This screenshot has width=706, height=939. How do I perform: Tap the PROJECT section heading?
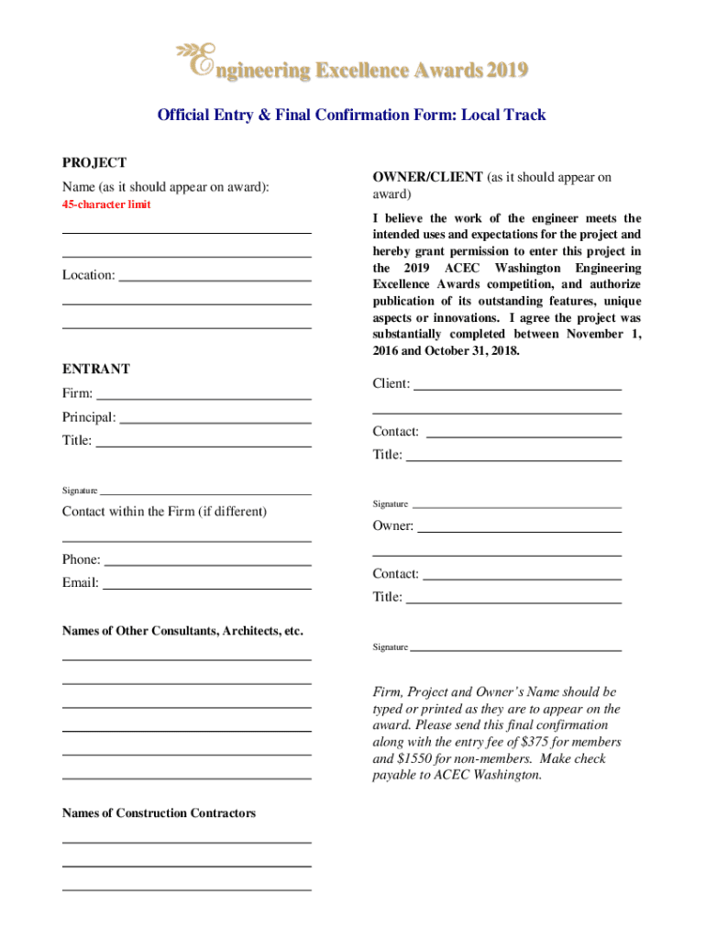click(x=94, y=162)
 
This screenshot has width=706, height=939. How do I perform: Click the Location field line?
click(x=215, y=278)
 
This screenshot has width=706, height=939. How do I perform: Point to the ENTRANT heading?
click(x=96, y=369)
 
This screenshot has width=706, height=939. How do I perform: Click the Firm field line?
click(x=204, y=397)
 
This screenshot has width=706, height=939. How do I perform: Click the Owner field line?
click(x=519, y=530)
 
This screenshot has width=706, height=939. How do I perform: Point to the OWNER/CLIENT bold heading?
click(x=427, y=177)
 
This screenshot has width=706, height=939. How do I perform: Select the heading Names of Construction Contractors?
click(x=159, y=813)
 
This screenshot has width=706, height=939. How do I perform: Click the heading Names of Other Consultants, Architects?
click(x=182, y=631)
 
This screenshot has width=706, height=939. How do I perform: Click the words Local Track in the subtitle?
click(x=503, y=116)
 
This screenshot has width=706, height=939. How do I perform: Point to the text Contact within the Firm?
click(x=164, y=511)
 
